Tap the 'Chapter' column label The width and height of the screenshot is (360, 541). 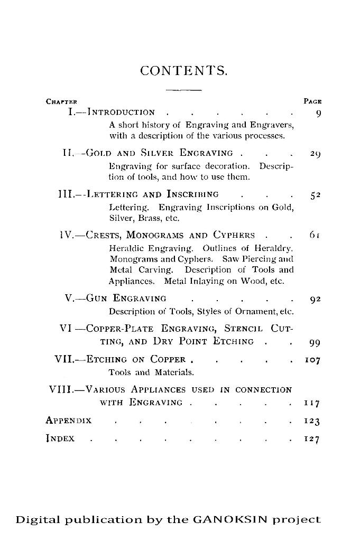pos(62,101)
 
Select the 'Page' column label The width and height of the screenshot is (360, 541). pos(313,101)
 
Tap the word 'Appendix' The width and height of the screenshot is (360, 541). pos(69,421)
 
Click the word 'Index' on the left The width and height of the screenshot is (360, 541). pos(60,439)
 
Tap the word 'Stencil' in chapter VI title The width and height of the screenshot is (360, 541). pos(245,330)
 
